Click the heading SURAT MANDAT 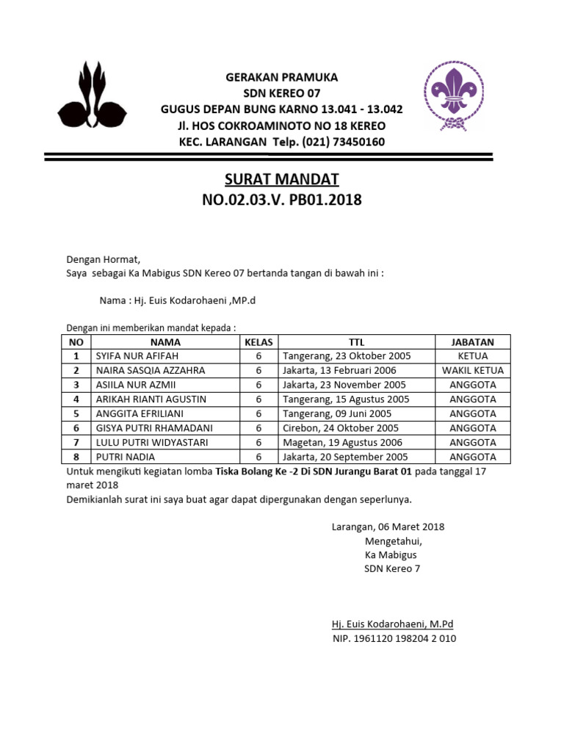[281, 180]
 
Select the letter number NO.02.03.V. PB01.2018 [281, 200]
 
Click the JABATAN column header [473, 342]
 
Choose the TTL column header [356, 342]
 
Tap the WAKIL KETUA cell [473, 370]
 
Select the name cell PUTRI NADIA [121, 457]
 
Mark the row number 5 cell [76, 413]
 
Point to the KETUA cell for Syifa [473, 356]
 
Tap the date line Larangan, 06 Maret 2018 [388, 527]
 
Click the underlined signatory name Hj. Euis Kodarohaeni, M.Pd [393, 624]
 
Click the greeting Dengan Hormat [103, 259]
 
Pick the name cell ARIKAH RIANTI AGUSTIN [151, 399]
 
